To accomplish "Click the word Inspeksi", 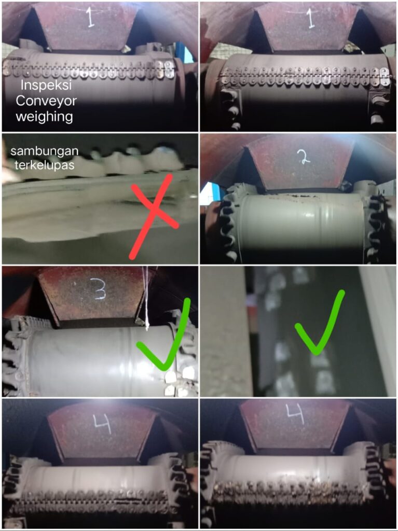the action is coord(46,85).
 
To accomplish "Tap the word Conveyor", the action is coord(46,101).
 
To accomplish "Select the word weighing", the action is coord(45,117).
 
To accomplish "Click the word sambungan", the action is coord(45,151).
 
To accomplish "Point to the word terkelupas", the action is coord(45,165).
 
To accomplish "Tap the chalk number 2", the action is coord(304,157).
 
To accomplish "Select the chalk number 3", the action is coord(99,289).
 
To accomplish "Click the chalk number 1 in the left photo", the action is coord(90,18).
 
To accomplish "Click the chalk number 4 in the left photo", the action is coord(103,424).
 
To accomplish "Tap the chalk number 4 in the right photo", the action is coord(295,414).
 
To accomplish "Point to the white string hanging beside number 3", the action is coord(146,298).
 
